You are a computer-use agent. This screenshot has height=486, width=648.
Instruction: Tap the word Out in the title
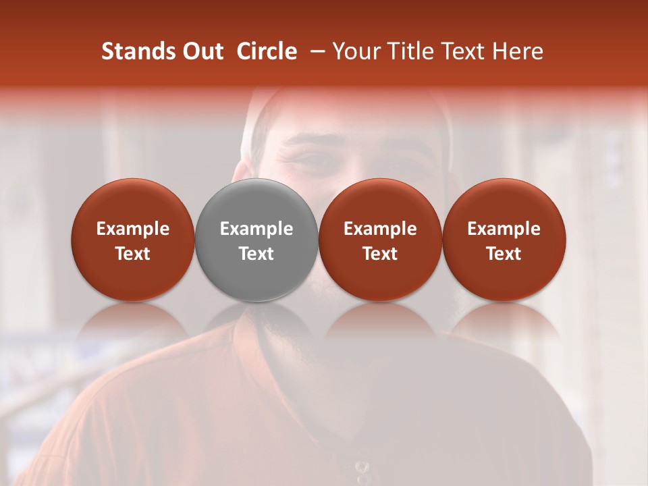[x=202, y=51]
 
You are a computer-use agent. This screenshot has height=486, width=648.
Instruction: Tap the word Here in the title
[x=517, y=51]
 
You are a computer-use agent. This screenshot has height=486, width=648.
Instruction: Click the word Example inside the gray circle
[x=256, y=229]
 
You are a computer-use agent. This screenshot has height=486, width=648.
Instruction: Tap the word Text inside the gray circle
[x=256, y=254]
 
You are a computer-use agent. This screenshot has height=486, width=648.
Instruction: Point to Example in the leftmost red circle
[x=132, y=229]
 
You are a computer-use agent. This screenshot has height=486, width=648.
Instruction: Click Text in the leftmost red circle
[x=132, y=254]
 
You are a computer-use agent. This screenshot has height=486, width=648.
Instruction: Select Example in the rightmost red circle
[x=504, y=229]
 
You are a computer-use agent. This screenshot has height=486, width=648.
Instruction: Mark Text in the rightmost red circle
[x=504, y=254]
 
